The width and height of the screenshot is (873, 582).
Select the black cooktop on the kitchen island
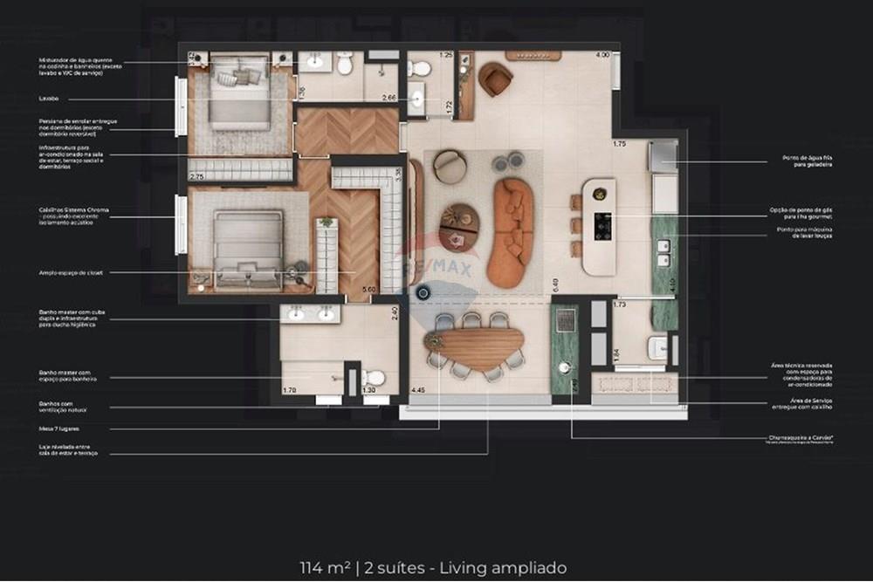(x=601, y=226)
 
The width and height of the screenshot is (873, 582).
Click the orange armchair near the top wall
(x=495, y=79)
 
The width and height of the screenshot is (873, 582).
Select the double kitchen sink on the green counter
(x=663, y=252)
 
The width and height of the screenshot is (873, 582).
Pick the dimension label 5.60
(x=368, y=290)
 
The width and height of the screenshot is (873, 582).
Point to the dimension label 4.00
(x=601, y=55)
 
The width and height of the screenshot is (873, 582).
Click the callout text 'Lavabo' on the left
(x=49, y=98)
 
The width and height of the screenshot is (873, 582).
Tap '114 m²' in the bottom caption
(x=325, y=567)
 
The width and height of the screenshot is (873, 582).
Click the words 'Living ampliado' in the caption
(x=520, y=567)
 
